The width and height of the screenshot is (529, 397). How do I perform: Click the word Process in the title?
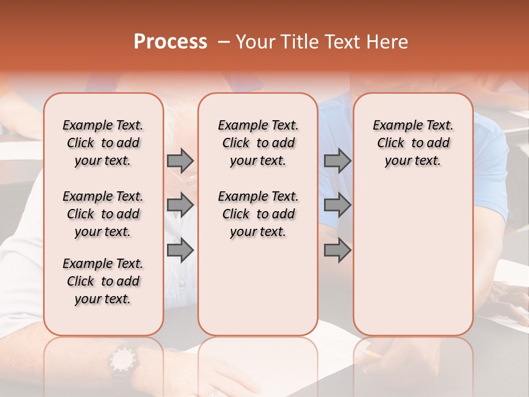(170, 42)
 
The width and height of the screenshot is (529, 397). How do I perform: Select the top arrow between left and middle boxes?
(180, 160)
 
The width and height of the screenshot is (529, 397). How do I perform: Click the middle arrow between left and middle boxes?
(180, 205)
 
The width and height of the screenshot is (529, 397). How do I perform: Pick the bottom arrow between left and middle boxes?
(180, 250)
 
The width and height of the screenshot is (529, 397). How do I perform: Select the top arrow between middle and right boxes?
(337, 160)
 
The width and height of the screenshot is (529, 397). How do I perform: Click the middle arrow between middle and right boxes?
(337, 205)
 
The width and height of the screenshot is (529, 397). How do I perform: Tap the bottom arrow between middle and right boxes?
(337, 250)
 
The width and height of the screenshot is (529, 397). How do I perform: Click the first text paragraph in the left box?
(103, 143)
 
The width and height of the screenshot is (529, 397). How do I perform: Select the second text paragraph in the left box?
(103, 214)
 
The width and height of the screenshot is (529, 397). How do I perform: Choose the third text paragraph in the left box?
(103, 281)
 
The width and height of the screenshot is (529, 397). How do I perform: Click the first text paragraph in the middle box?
(258, 143)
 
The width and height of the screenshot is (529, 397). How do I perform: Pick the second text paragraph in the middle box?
(258, 214)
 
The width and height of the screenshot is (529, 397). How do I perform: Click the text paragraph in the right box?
(413, 143)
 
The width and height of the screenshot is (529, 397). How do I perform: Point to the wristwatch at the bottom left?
(122, 361)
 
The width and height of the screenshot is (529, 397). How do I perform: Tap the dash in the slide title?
(223, 42)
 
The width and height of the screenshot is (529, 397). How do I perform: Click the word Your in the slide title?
(253, 42)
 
